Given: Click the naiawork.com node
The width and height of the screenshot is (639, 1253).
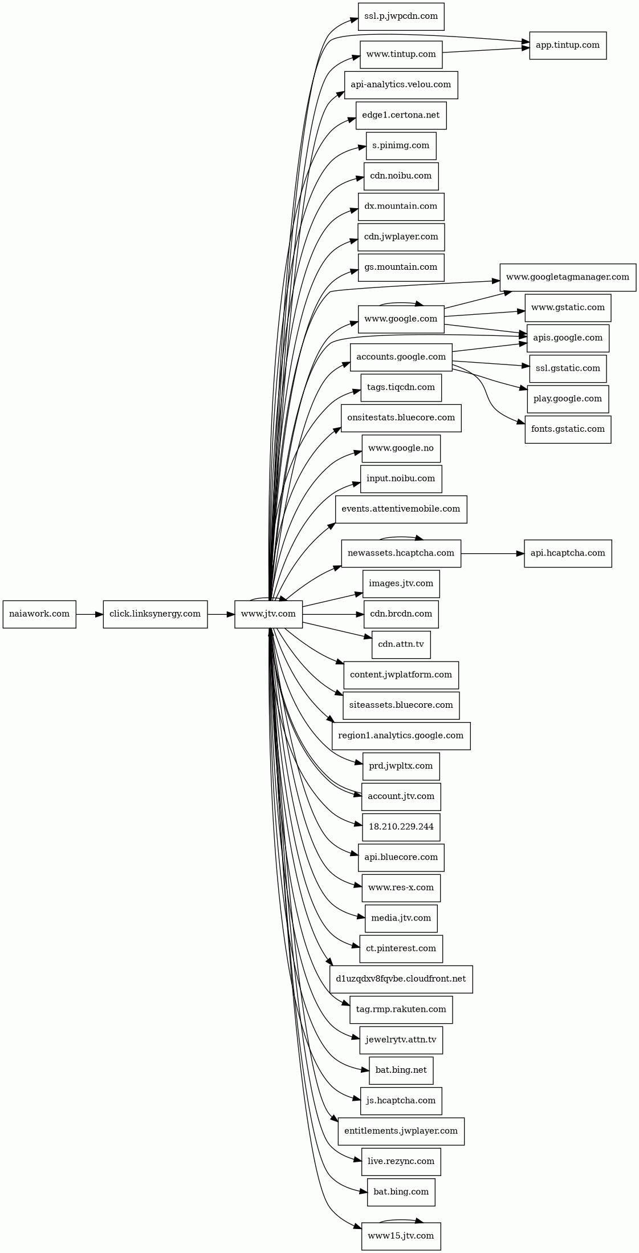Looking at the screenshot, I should click(39, 614).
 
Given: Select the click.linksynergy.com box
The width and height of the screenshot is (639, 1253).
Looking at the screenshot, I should click(155, 614).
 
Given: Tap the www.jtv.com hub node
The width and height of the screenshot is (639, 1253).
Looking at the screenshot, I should click(268, 614).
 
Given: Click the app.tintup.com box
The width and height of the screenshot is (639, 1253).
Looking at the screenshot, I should click(568, 46).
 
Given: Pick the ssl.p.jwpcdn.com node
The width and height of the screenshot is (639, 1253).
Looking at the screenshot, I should click(401, 17).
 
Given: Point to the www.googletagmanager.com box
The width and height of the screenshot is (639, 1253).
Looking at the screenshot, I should click(568, 278).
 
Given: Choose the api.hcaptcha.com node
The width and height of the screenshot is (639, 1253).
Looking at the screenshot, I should click(568, 554).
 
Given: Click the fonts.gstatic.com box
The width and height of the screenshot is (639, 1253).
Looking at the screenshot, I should click(568, 429).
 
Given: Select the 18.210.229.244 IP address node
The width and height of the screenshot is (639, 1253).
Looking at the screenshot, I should click(401, 828).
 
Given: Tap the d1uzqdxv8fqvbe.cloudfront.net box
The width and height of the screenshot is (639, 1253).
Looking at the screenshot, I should click(401, 979).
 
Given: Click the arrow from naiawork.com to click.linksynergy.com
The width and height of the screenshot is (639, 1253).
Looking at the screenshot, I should click(89, 614).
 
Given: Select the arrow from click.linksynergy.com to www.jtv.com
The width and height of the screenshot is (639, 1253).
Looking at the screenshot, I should click(221, 614).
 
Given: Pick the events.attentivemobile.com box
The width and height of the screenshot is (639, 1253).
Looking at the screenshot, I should click(401, 509).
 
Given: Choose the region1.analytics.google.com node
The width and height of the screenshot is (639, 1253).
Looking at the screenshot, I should click(401, 736).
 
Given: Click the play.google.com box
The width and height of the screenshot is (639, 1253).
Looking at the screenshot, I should click(568, 399).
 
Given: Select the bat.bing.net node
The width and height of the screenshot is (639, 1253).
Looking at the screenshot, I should click(401, 1070).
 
